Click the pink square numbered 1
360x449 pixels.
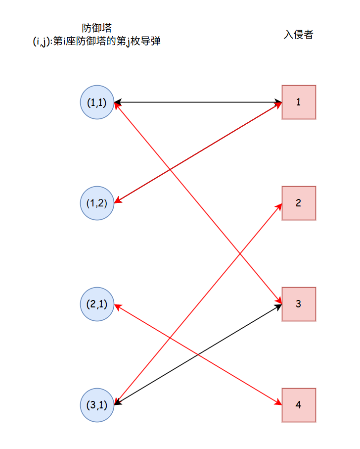click(x=299, y=102)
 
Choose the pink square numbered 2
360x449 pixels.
click(x=299, y=203)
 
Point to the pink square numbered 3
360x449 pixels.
click(x=299, y=304)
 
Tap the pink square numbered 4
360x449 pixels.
click(x=299, y=405)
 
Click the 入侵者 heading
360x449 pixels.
click(x=298, y=35)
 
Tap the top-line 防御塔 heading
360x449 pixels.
click(x=96, y=29)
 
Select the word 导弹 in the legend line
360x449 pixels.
click(x=151, y=41)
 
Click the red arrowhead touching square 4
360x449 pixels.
click(x=278, y=402)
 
